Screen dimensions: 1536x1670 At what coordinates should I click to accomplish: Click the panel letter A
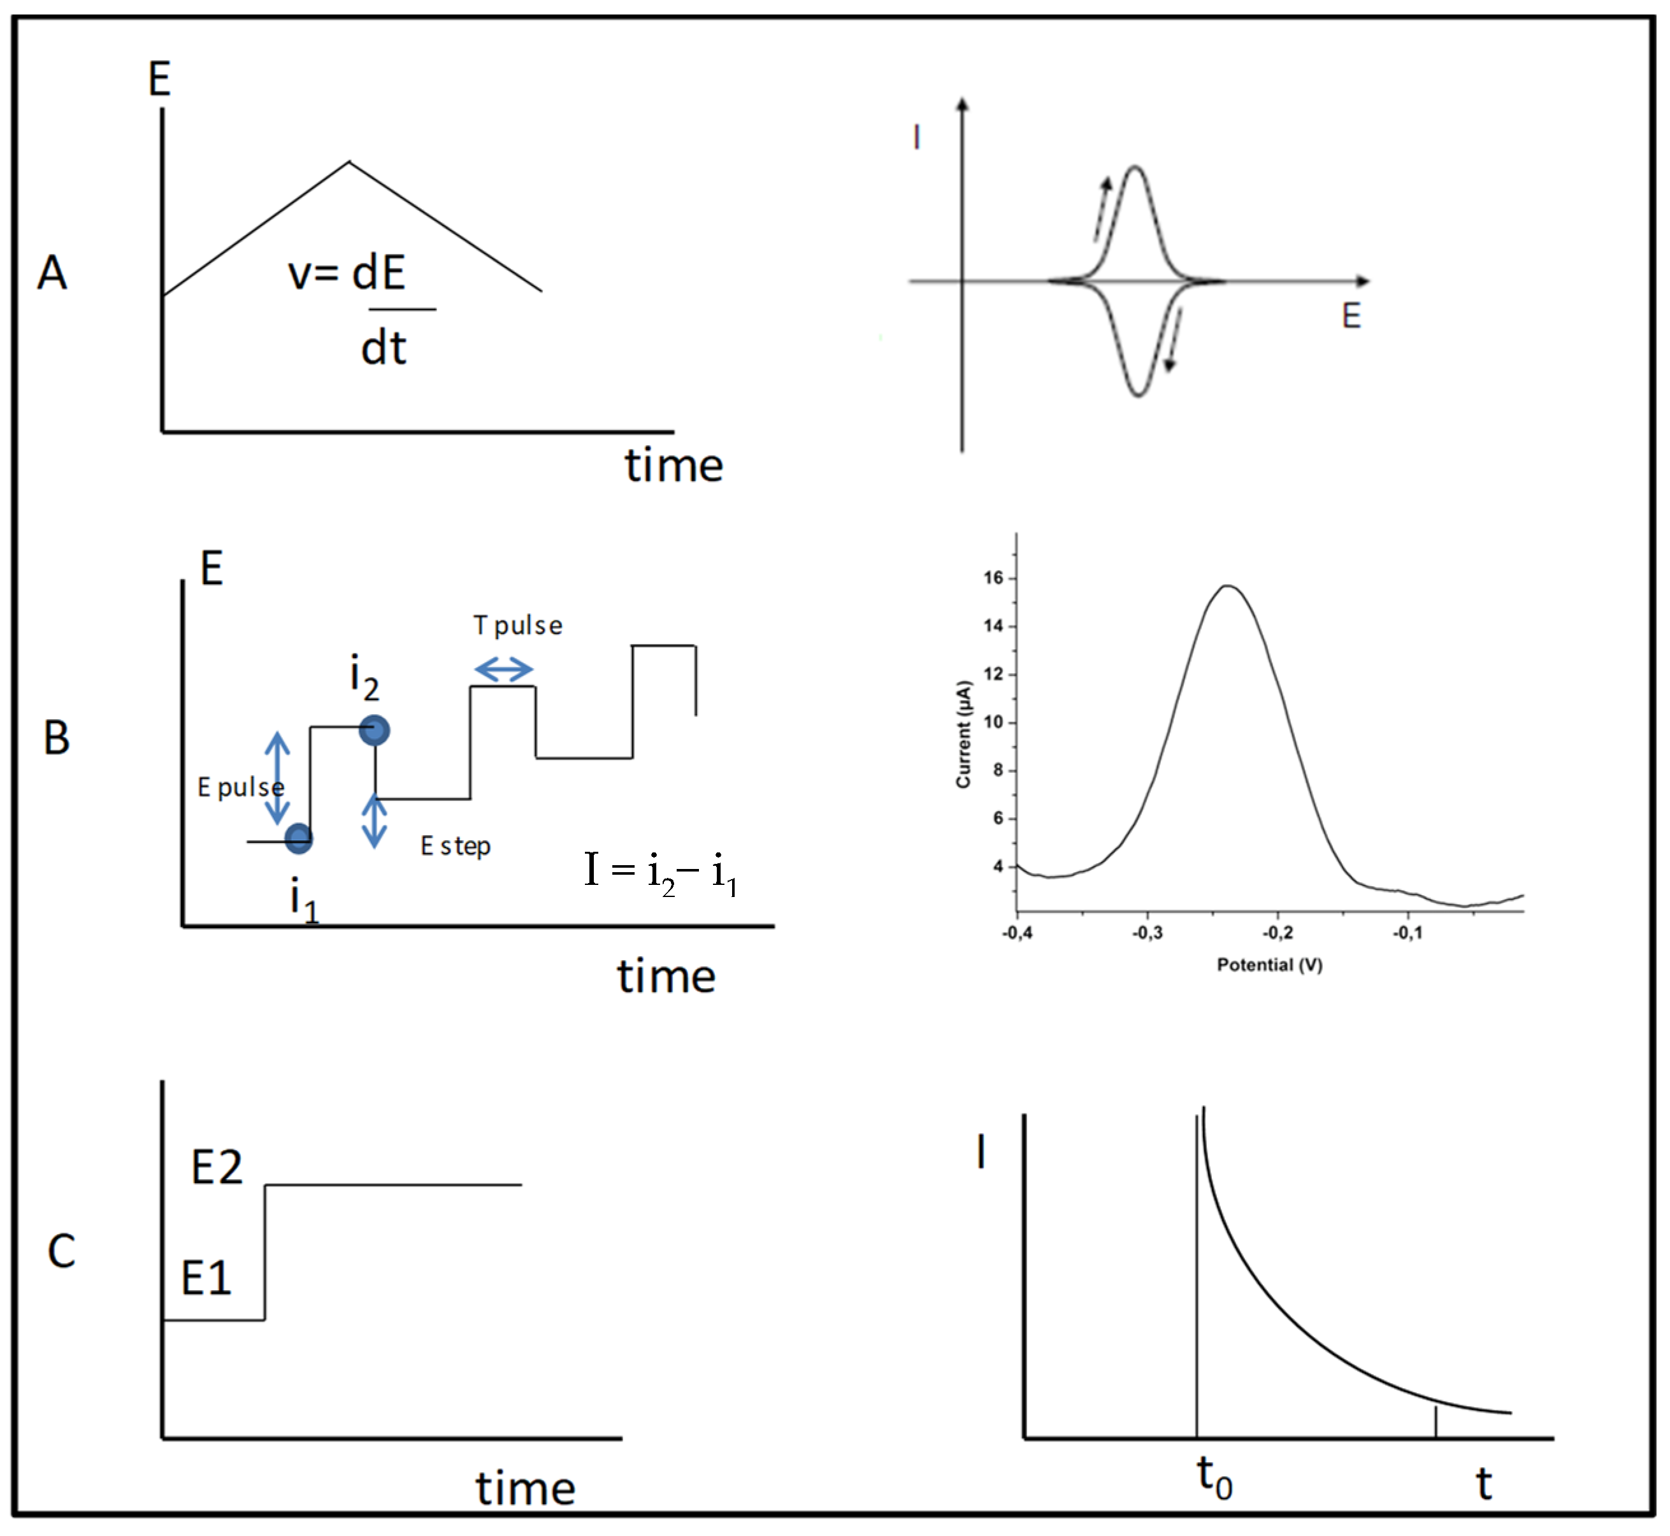click(x=52, y=272)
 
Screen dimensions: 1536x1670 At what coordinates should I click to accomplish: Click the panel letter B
click(x=57, y=737)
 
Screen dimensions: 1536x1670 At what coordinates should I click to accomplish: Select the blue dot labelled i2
click(x=374, y=731)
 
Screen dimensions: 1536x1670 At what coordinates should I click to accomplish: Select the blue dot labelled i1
click(x=298, y=838)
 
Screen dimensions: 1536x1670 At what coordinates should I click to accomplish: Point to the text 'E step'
click(x=456, y=846)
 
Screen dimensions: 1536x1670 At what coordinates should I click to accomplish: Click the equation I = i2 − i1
click(x=661, y=873)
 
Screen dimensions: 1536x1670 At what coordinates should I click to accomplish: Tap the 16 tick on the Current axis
click(x=994, y=578)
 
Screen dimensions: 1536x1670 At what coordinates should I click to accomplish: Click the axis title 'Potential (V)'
click(x=1269, y=965)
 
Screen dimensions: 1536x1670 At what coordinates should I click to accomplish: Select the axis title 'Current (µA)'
click(x=963, y=734)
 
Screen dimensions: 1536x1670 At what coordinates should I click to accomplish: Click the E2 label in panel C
click(x=217, y=1167)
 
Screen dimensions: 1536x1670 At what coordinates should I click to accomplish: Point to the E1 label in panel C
click(x=206, y=1277)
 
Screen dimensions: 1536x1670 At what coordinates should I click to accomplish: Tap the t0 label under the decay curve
click(x=1214, y=1478)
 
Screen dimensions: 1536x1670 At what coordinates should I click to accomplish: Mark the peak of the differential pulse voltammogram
click(x=1228, y=586)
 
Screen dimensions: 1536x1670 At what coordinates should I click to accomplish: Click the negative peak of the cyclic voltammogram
click(x=1138, y=395)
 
